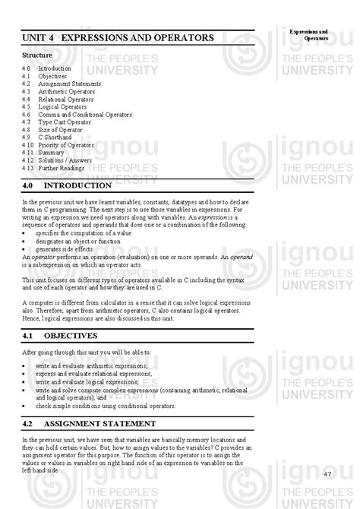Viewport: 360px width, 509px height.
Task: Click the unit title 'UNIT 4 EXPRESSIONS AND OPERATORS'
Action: click(117, 37)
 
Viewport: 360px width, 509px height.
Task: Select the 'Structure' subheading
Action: click(37, 55)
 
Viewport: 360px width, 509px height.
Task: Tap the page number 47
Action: click(328, 474)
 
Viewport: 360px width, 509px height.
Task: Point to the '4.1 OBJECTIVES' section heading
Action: click(60, 335)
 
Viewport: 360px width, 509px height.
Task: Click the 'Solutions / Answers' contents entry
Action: click(65, 160)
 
